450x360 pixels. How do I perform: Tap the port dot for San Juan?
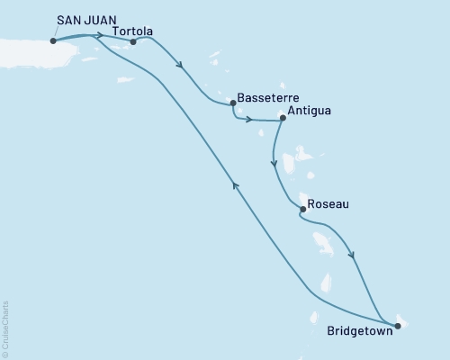tap(53, 40)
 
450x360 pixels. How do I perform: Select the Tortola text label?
tap(133, 31)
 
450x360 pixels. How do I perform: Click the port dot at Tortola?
tap(133, 40)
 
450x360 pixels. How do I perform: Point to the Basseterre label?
tap(267, 97)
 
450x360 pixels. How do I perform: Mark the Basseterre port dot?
tap(233, 102)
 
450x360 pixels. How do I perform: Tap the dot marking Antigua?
tap(282, 117)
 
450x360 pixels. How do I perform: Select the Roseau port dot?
tap(302, 210)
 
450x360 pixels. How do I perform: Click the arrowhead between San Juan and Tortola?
tap(98, 36)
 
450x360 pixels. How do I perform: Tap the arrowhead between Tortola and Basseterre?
tap(182, 66)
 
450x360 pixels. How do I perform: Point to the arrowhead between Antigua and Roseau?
tap(273, 163)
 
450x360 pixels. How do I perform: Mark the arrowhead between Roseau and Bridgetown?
tap(352, 255)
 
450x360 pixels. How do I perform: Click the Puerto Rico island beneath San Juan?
tap(27, 49)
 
